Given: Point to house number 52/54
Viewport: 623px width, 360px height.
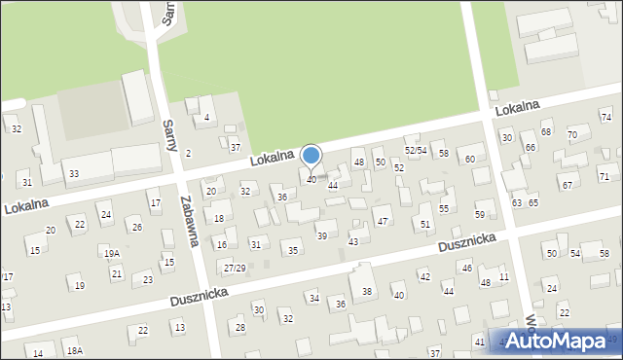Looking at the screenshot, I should (x=416, y=150).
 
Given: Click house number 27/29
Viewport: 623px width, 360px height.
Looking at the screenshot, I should (x=235, y=268).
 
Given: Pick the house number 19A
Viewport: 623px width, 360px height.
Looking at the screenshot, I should (x=112, y=253).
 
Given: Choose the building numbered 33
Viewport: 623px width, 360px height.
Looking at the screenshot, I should (x=74, y=173).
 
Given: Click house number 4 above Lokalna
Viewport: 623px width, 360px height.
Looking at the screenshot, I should (x=206, y=119).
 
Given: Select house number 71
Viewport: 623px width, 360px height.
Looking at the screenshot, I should (x=605, y=176).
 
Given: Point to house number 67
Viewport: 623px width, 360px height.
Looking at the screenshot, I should (x=567, y=184).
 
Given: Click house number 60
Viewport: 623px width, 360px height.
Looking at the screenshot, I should (x=470, y=159).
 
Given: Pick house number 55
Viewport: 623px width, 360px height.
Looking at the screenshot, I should (x=444, y=208).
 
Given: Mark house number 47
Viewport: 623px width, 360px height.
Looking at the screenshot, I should (x=383, y=222).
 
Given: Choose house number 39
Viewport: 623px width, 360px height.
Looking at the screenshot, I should (x=322, y=235).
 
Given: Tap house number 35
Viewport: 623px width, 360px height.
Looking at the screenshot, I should (x=293, y=250).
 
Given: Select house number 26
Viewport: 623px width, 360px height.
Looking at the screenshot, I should (x=137, y=228).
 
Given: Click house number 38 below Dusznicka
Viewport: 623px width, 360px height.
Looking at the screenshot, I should (x=367, y=291).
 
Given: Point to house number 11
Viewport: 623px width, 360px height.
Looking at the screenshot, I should (x=503, y=277).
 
